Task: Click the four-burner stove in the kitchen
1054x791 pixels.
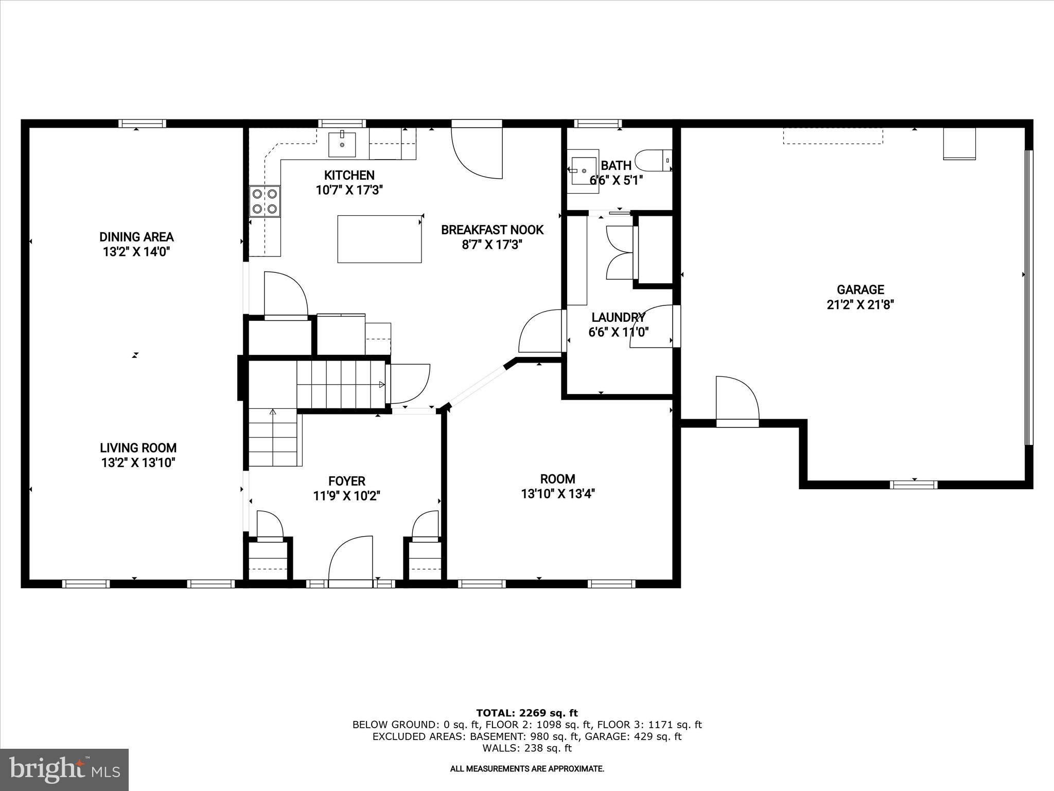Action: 265,201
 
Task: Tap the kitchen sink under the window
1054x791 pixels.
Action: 342,144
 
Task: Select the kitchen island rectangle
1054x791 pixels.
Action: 379,239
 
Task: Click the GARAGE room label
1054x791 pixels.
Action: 860,290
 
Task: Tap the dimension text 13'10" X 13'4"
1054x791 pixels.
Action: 558,494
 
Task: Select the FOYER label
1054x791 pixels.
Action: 346,481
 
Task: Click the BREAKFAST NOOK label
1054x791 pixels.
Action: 492,230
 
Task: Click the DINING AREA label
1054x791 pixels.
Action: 136,237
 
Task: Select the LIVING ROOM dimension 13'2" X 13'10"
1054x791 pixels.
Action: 138,462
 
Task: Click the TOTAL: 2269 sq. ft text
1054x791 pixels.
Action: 526,713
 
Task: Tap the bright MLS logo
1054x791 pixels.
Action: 64,770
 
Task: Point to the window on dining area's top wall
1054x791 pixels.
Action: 142,124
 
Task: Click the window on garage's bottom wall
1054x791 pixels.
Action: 914,485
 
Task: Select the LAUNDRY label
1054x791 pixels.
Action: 618,317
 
